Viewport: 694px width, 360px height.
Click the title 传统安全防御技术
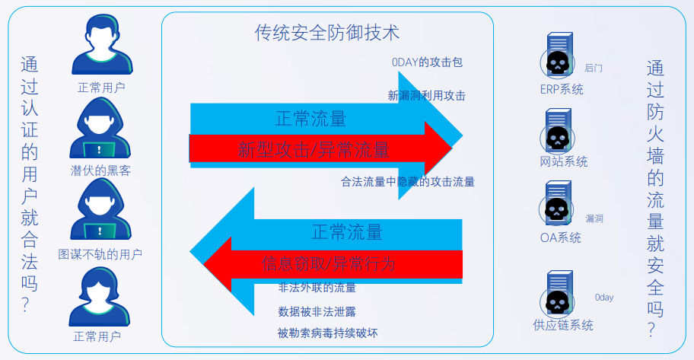[327, 33]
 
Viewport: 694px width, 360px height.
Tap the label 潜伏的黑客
[100, 170]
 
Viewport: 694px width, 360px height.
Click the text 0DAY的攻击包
[427, 62]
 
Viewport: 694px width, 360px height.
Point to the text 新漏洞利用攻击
[426, 96]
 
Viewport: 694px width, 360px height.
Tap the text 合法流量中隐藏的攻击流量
[408, 181]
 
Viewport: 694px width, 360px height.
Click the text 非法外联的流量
[317, 288]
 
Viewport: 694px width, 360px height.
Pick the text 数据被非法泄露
[317, 311]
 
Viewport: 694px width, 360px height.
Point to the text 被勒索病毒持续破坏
[327, 333]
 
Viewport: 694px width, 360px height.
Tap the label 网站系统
[564, 161]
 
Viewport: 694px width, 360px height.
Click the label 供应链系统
[563, 325]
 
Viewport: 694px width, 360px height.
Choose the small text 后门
[594, 68]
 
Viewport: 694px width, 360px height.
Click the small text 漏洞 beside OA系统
[594, 218]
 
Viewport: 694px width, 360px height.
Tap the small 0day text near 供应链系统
[603, 298]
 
